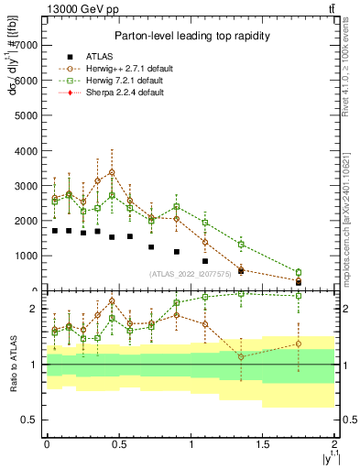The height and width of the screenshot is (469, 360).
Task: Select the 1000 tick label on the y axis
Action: coord(29,256)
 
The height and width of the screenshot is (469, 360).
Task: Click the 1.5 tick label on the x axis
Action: coord(263,444)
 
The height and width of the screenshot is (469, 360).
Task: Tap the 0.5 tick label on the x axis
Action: coord(118,444)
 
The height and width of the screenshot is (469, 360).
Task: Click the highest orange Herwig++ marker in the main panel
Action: coord(112,172)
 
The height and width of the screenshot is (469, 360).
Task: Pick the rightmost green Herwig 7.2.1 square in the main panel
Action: coord(299,272)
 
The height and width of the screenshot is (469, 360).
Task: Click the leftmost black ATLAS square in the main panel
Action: coord(55,231)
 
